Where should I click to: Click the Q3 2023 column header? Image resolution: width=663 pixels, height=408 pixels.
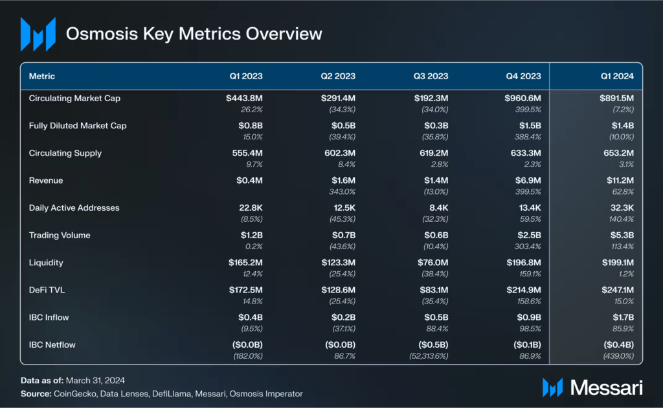coord(431,77)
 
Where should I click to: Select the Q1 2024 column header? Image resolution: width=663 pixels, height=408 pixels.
coord(617,77)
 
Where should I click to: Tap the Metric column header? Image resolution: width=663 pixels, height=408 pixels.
coord(42,77)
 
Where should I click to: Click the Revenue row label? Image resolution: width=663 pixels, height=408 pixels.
coord(46,180)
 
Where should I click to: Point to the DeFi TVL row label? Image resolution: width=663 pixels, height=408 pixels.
coord(47,290)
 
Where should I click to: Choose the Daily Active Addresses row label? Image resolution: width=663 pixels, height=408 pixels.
coord(74,208)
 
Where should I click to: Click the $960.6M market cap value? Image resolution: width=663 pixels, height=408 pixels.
coord(523,99)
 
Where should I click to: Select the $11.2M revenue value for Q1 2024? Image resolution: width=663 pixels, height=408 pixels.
coord(620,180)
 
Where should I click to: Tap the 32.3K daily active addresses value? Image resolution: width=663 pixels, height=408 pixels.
coord(622,208)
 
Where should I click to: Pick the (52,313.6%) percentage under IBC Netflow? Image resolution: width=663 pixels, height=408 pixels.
coord(429,356)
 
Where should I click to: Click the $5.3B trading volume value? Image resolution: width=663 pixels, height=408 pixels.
coord(622,235)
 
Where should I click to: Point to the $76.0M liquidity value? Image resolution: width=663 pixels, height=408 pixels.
coord(433,263)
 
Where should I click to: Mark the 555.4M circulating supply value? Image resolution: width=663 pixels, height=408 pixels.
coord(247,153)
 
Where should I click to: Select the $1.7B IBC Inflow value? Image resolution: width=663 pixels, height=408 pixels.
coord(623,317)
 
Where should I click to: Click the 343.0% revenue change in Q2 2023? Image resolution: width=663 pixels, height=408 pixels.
coord(342,191)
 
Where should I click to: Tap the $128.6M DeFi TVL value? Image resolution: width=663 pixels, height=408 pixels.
coord(338,290)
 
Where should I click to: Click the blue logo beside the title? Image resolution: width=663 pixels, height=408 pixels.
coord(38,34)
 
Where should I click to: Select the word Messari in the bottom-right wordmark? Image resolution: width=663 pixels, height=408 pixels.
coord(606,387)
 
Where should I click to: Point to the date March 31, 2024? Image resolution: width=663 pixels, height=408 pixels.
coord(95,381)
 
